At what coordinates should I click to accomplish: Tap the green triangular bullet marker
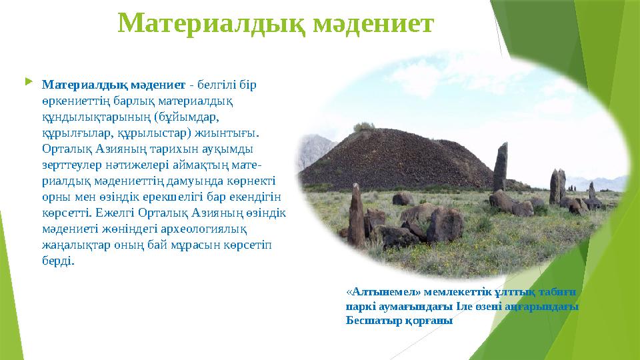click(27, 83)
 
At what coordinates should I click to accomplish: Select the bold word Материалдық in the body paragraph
click(79, 85)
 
